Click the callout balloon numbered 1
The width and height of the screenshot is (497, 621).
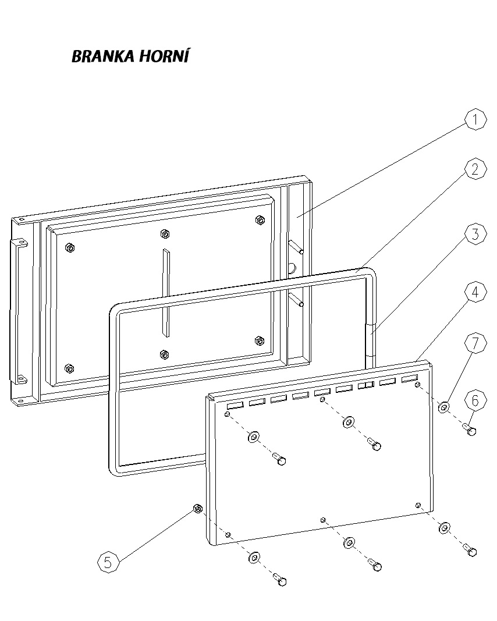[x=475, y=120]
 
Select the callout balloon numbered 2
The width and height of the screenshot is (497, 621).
[x=475, y=169]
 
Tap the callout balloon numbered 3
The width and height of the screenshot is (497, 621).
[x=475, y=235]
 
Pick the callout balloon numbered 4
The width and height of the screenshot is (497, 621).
[x=475, y=293]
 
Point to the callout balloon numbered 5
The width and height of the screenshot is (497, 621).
[x=108, y=562]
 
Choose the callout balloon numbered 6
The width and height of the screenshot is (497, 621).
[x=475, y=400]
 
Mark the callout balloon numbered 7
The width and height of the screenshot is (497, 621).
[x=475, y=343]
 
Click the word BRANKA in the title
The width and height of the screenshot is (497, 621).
[x=102, y=56]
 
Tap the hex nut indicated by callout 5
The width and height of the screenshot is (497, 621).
[x=197, y=509]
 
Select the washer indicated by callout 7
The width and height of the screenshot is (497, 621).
[x=443, y=406]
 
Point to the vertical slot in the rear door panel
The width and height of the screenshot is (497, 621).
[x=166, y=294]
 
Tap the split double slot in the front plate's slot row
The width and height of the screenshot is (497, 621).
[x=365, y=386]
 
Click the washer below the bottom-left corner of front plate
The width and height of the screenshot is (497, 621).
[x=254, y=558]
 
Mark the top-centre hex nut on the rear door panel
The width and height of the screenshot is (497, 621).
[x=164, y=234]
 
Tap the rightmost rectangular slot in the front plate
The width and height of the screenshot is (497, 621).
[x=409, y=379]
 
